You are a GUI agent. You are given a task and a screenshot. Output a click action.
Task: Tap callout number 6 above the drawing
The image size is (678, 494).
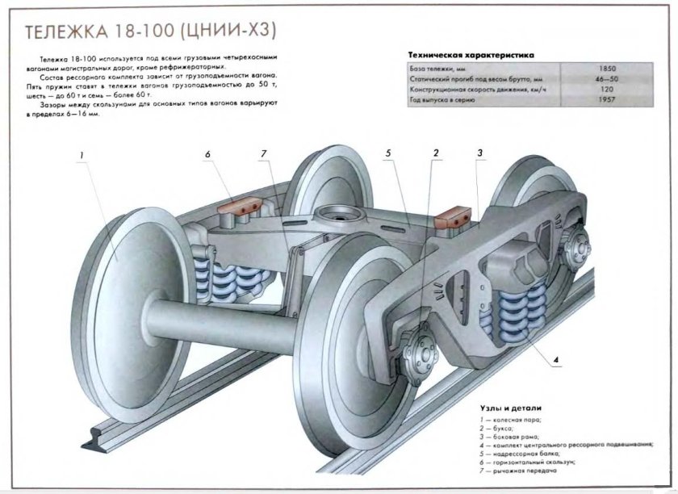[207, 153]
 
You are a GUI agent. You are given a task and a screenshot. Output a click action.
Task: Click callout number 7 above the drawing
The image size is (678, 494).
[263, 153]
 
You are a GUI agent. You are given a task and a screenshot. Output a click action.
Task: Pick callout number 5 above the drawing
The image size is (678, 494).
[388, 153]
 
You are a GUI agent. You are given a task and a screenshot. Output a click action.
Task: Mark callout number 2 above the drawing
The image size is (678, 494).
[436, 153]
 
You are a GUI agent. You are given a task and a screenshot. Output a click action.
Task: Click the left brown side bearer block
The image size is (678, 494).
[236, 214]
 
